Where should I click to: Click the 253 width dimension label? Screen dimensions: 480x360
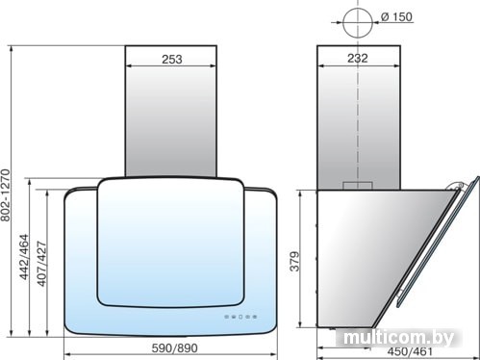172,60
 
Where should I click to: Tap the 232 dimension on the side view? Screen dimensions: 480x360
358,58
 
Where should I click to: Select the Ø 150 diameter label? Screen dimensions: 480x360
397,16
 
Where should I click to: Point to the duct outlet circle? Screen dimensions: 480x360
358,23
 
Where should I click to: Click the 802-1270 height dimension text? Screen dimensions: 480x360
6,195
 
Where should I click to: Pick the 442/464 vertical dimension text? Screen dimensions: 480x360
24,257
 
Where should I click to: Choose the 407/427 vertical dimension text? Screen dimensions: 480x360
41,264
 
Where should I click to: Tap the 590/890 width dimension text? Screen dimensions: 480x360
174,347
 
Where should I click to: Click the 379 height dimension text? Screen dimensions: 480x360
294,262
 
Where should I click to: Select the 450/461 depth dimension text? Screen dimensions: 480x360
410,351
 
